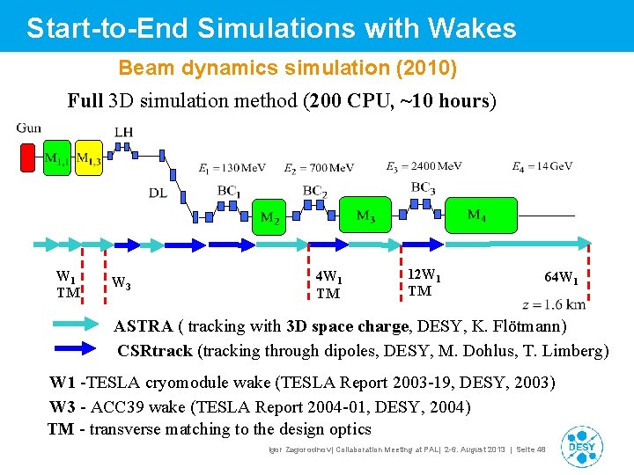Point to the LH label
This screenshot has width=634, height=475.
tap(124, 133)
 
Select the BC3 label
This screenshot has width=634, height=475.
tap(423, 187)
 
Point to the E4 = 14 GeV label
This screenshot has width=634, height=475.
tap(542, 167)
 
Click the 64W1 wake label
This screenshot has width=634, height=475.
tap(561, 278)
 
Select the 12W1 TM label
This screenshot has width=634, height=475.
tap(424, 283)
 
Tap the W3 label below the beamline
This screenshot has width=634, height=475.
tap(122, 283)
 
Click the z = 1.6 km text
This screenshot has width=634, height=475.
tap(553, 305)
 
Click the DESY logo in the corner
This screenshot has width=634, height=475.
tap(582, 446)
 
